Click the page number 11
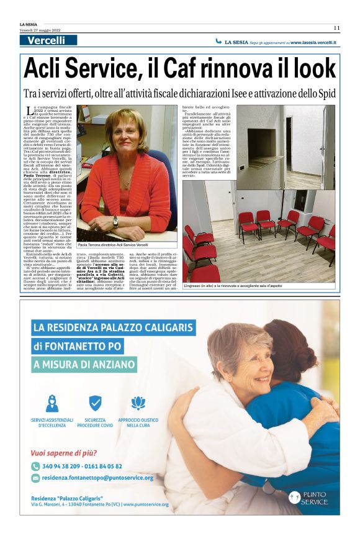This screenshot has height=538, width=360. click(336, 27)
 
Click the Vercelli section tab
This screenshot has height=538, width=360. click(47, 40)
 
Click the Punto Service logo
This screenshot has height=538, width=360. click(308, 498)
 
